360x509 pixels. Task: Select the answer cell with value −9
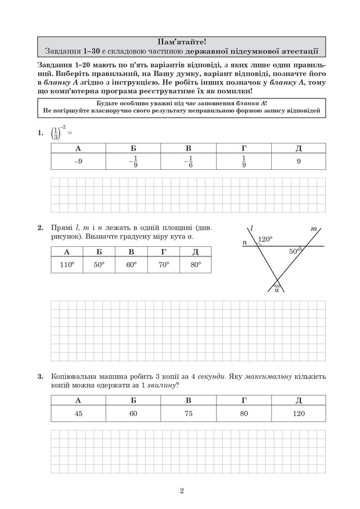(x=78, y=161)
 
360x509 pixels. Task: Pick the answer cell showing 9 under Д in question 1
(x=298, y=161)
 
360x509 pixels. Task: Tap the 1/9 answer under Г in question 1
(x=244, y=161)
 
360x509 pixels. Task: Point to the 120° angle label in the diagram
(x=265, y=239)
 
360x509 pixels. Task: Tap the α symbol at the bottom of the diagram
(x=277, y=290)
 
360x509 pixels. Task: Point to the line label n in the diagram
(x=245, y=242)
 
